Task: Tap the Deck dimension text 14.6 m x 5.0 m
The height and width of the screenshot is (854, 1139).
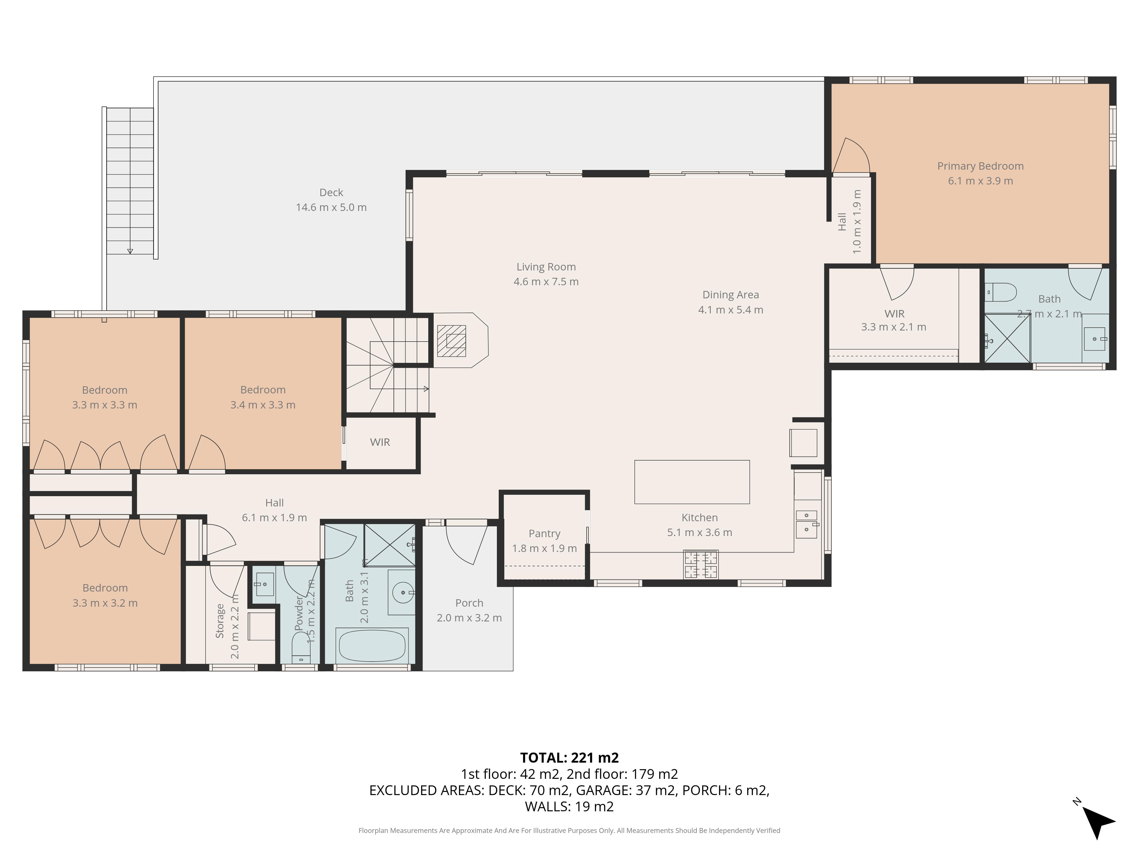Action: click(x=331, y=208)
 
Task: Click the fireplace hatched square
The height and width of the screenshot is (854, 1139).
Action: click(x=452, y=341)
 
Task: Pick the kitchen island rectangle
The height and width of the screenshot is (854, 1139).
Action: click(x=692, y=482)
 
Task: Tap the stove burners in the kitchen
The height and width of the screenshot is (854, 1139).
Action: click(x=701, y=565)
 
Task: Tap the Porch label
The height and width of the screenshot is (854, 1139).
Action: click(x=469, y=603)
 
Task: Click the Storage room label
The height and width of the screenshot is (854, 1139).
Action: click(x=220, y=621)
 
